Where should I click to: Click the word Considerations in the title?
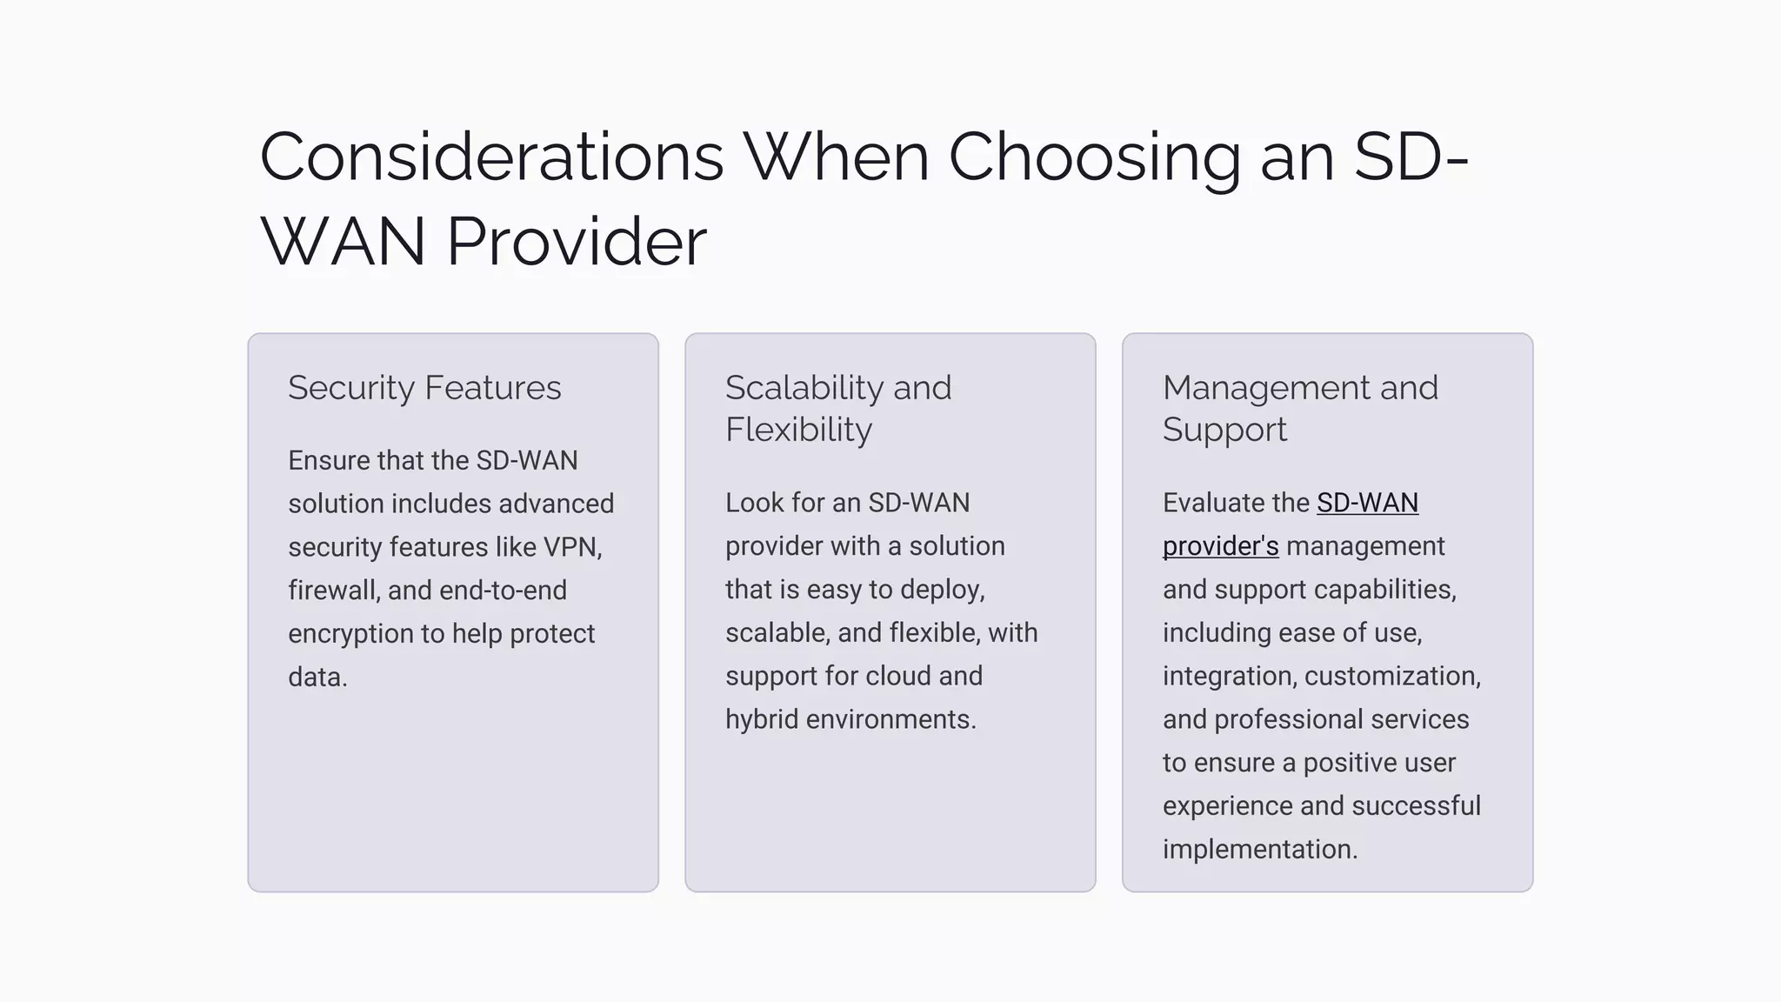491,157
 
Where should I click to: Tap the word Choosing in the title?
1094,157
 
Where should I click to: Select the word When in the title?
836,157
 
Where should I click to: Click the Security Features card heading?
424,388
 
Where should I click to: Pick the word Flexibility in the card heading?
798,430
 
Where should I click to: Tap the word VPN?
570,547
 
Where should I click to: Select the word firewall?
334,591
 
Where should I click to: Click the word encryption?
350,634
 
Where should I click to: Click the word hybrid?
762,719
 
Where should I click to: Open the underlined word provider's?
1220,546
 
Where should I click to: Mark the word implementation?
1259,849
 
